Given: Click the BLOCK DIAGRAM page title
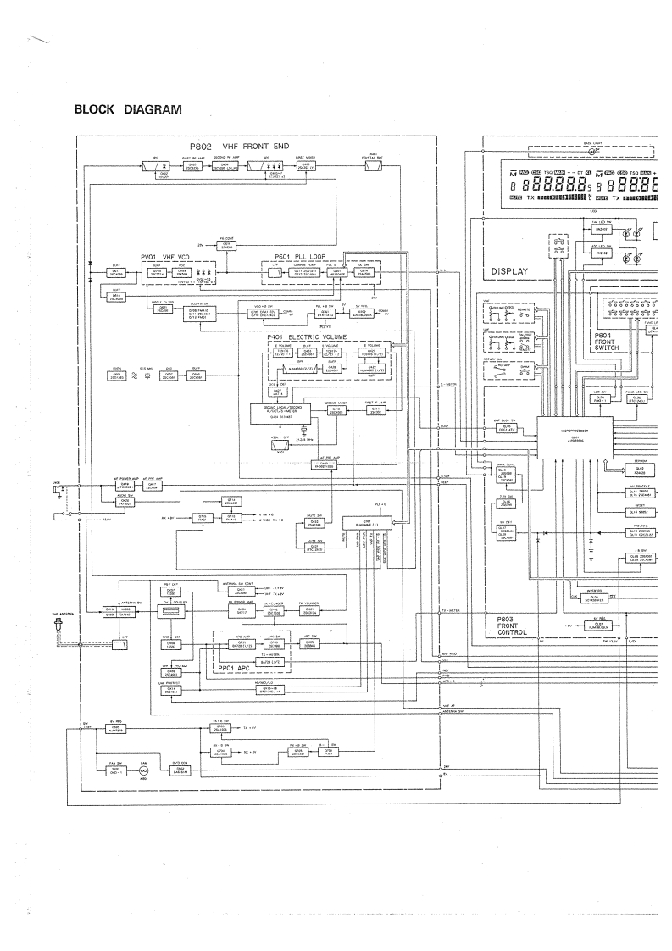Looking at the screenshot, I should point(128,109).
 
